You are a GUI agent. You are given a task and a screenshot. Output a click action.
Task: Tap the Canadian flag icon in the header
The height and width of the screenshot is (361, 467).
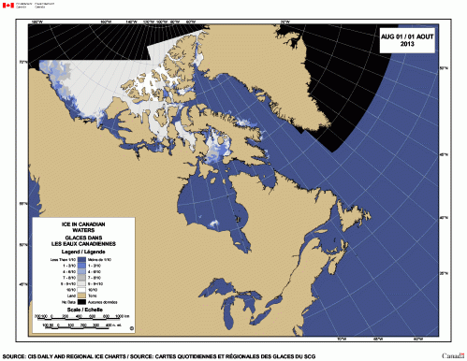tap(8, 7)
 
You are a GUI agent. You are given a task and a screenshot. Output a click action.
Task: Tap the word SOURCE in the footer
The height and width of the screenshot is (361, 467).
tap(15, 355)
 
